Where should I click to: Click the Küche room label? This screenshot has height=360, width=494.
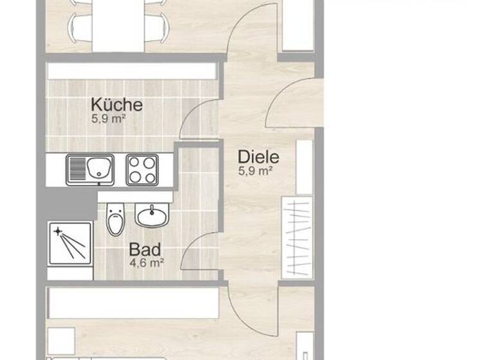(x=116, y=105)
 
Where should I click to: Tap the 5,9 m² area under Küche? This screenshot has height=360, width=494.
(x=107, y=119)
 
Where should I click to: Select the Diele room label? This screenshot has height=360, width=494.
(x=258, y=156)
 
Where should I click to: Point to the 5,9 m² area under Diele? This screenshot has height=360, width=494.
(x=256, y=170)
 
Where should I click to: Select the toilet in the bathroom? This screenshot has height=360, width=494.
(x=116, y=219)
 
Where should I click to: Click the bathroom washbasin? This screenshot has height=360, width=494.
(x=152, y=215)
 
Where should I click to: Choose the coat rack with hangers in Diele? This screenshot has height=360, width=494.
(x=297, y=238)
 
